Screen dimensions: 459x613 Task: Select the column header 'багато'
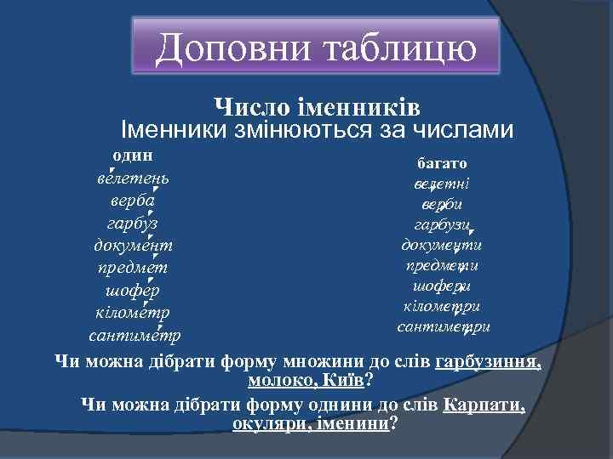(x=441, y=162)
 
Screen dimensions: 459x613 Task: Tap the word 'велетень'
(x=132, y=179)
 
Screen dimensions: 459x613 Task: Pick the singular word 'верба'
(x=132, y=202)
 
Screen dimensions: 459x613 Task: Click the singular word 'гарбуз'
(x=132, y=224)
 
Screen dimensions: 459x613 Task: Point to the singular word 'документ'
(x=133, y=246)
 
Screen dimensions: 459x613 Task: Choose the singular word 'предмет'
(x=132, y=268)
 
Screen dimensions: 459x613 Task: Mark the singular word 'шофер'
(x=133, y=290)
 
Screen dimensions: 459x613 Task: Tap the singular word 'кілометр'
(x=133, y=311)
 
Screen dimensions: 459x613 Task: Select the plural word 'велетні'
(x=442, y=184)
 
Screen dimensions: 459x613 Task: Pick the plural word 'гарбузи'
(x=441, y=224)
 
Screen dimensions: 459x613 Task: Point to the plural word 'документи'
(x=442, y=246)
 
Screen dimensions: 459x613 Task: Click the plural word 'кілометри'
(x=442, y=306)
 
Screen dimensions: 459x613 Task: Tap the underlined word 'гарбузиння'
(x=487, y=361)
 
